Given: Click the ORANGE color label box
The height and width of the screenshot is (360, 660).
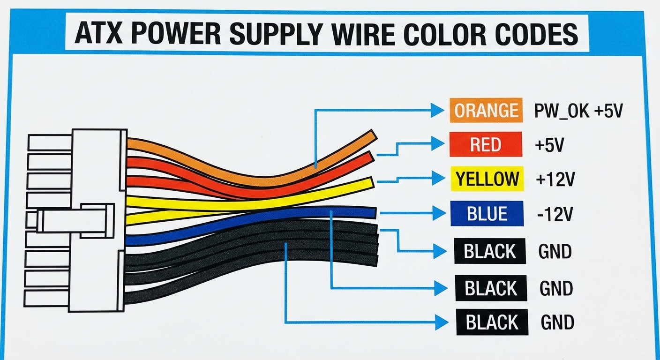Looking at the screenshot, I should [x=486, y=111].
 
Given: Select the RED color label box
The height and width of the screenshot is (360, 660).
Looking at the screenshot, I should [x=485, y=145].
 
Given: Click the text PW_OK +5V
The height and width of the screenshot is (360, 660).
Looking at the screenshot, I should [x=578, y=111].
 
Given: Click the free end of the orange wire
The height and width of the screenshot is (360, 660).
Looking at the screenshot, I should [x=372, y=135].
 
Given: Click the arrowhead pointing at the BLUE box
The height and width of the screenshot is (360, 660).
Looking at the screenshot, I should [x=439, y=214].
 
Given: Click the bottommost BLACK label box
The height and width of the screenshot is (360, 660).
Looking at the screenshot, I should [x=492, y=322].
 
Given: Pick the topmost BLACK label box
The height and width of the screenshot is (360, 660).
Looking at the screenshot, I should [x=490, y=251].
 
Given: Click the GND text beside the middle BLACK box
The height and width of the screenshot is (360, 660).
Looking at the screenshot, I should [x=556, y=288].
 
